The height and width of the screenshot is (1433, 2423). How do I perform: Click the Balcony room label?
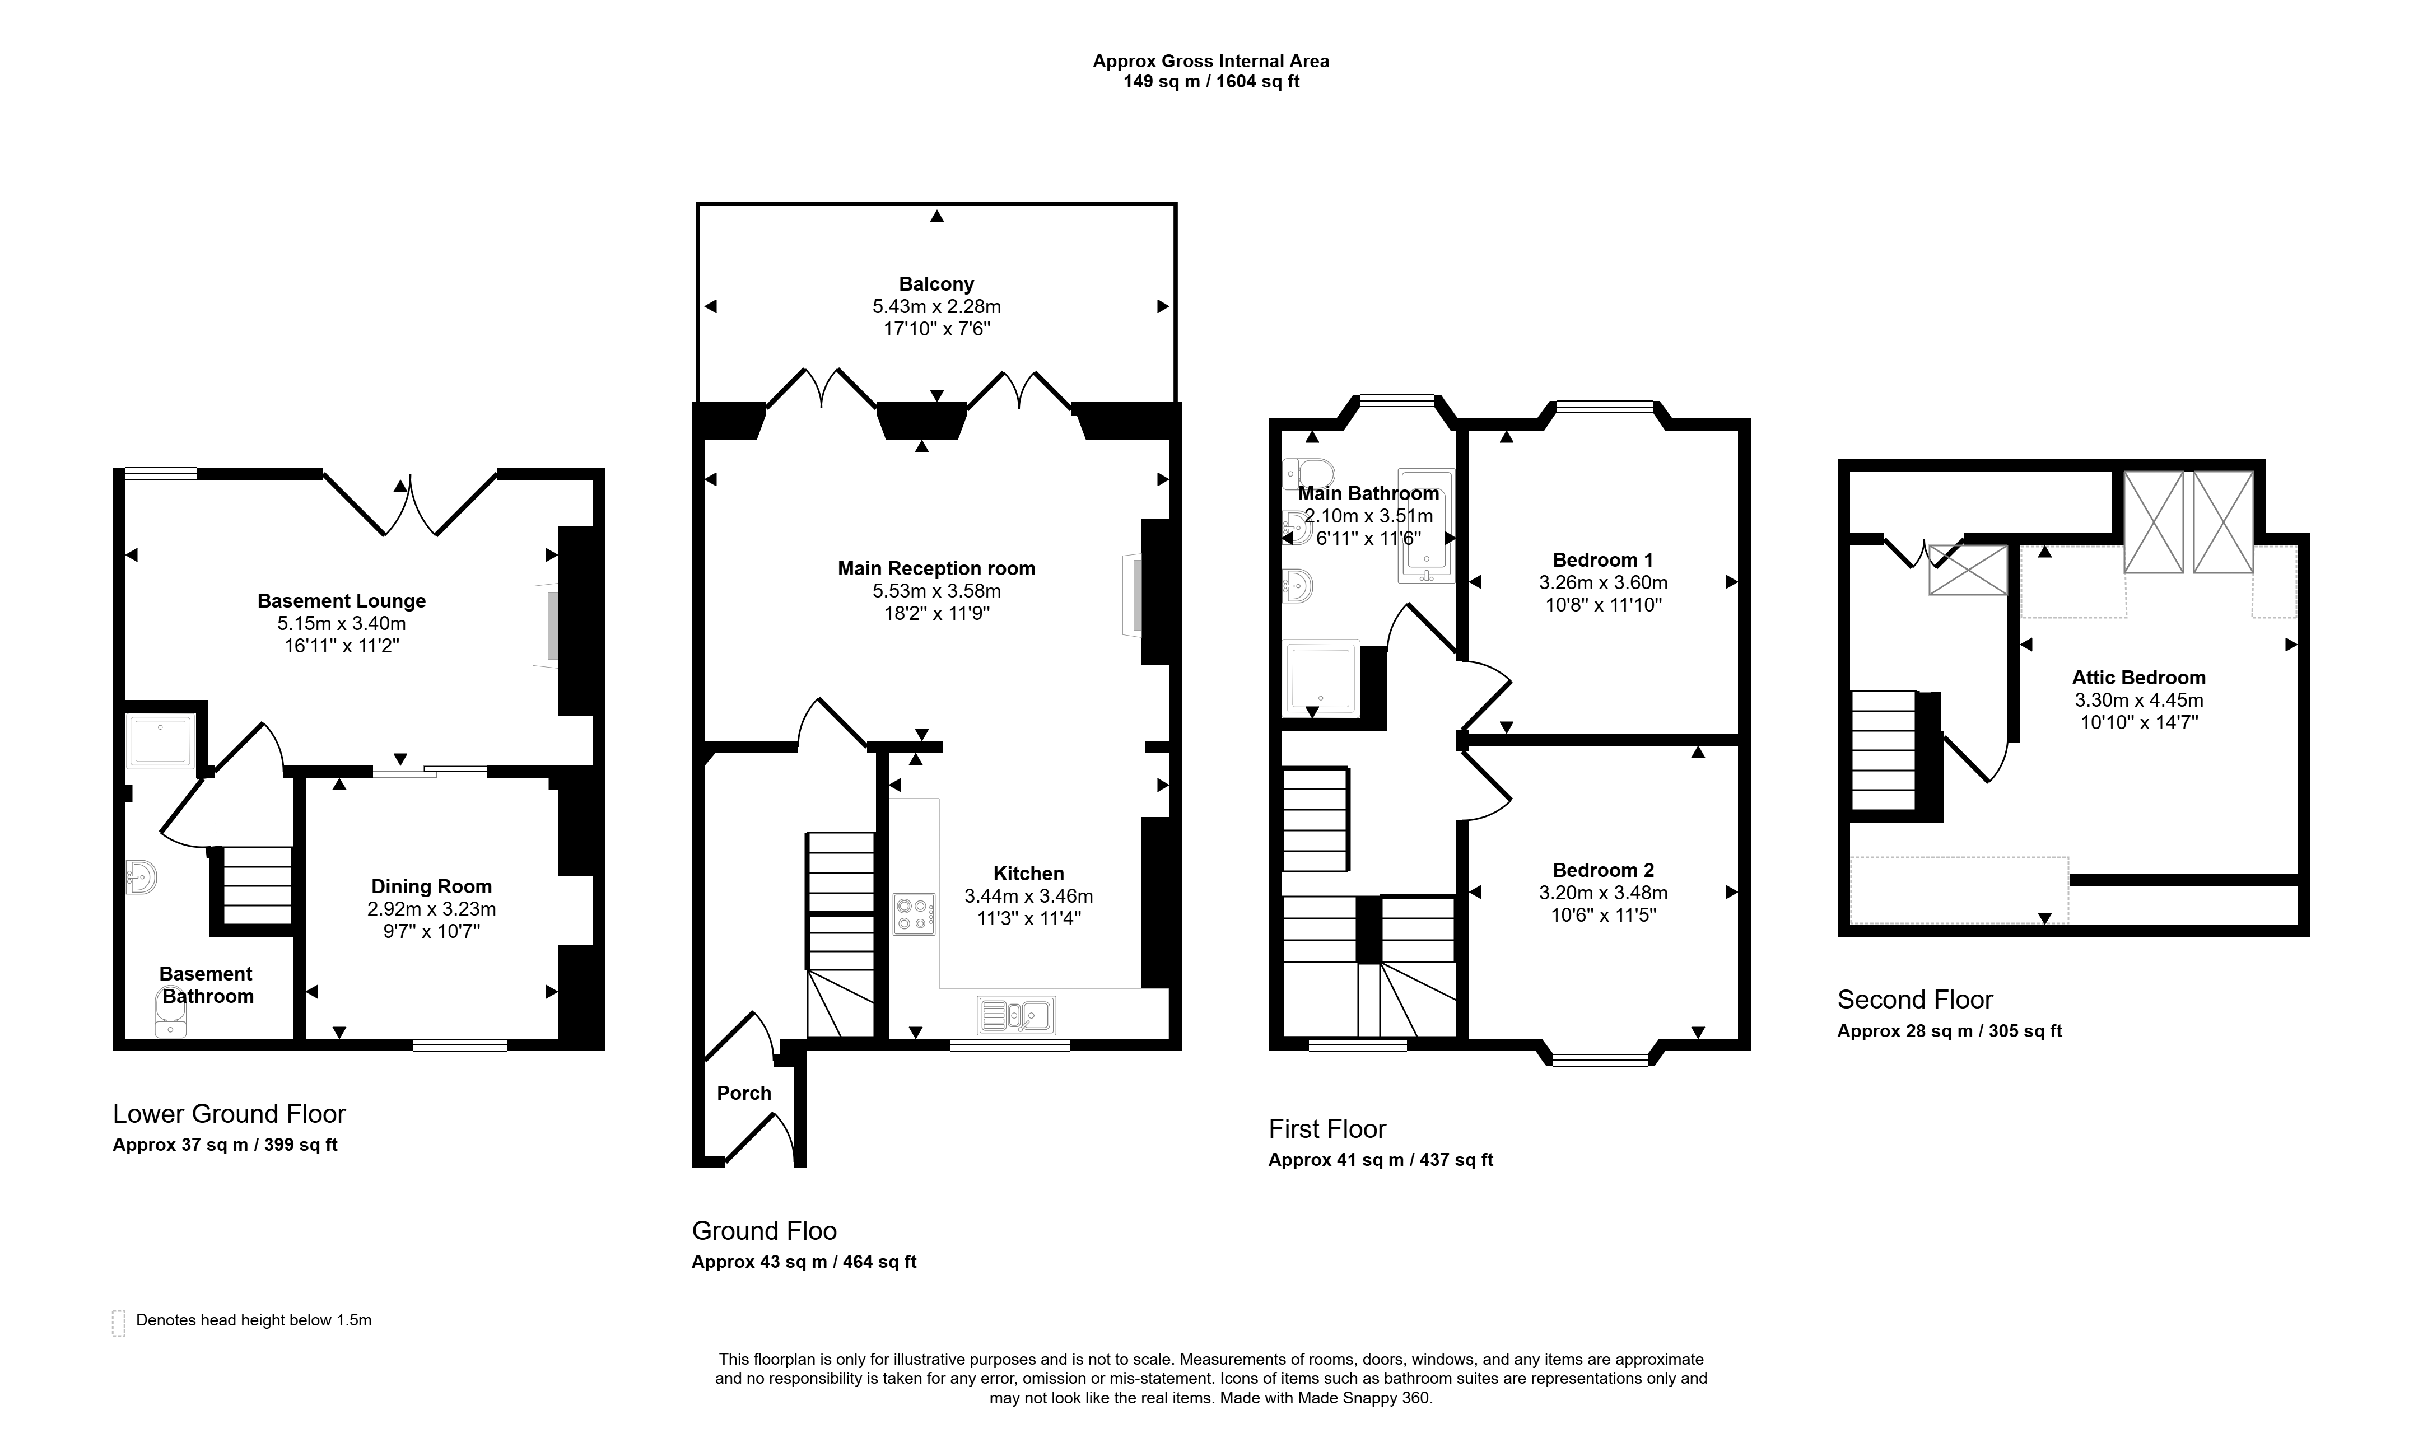936,284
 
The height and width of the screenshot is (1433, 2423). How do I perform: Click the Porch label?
744,1093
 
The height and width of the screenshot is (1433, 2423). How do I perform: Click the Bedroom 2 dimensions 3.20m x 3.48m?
1603,893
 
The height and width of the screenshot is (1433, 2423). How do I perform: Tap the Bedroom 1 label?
1603,560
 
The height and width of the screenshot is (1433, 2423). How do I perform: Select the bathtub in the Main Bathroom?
1425,528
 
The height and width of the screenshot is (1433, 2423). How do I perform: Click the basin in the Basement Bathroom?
141,877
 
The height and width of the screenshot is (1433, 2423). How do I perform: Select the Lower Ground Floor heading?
229,1114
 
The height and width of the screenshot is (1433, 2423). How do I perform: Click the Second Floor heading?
1915,1000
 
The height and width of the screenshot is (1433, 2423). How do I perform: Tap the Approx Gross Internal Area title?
1211,61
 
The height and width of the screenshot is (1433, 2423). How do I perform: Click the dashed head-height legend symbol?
119,1323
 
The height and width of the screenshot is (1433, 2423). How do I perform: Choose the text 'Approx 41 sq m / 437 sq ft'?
1380,1160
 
